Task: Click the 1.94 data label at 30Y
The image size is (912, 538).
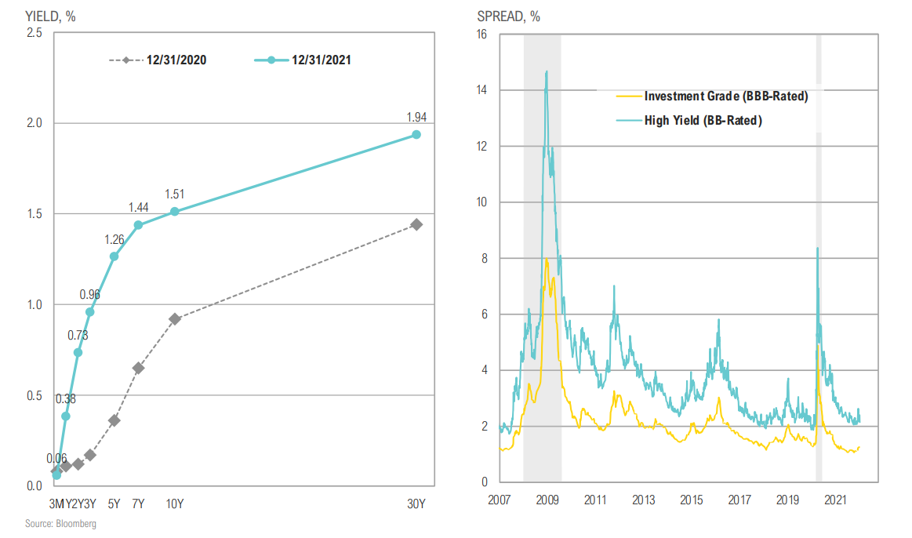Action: (416, 118)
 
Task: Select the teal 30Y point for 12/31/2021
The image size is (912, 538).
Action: (416, 135)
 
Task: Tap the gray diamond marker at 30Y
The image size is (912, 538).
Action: (416, 224)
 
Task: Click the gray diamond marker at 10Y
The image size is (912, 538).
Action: (175, 319)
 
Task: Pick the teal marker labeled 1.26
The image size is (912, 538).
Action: (114, 256)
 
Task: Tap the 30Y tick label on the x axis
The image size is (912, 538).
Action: (416, 503)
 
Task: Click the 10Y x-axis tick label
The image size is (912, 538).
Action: (175, 503)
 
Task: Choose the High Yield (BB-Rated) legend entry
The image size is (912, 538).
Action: (703, 120)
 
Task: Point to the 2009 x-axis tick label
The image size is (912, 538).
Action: (547, 500)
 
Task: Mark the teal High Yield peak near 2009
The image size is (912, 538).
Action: (546, 72)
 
